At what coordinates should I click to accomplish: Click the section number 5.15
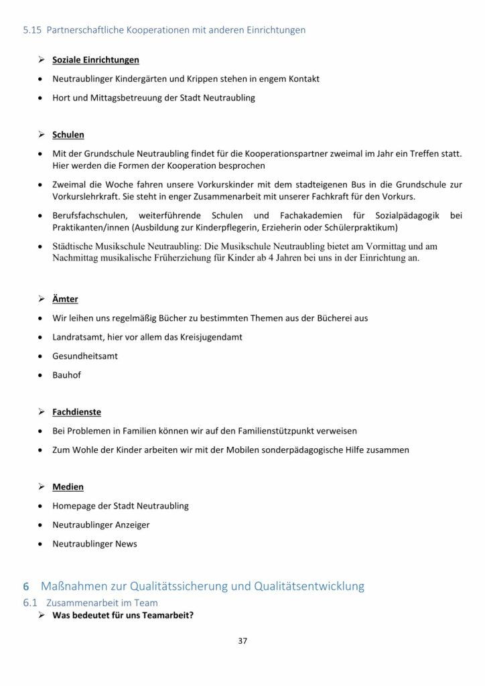(x=31, y=29)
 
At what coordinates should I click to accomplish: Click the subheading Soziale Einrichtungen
(x=96, y=60)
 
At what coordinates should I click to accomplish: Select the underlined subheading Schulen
(x=68, y=135)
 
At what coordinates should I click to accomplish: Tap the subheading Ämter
(x=65, y=299)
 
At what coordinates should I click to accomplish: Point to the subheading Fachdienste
(x=77, y=411)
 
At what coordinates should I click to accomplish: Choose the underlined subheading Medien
(x=68, y=486)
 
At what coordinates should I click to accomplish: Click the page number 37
(x=242, y=640)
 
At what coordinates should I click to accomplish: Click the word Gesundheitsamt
(x=85, y=356)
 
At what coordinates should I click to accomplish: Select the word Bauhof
(x=66, y=374)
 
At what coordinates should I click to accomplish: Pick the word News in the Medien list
(x=125, y=543)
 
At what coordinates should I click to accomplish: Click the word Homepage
(x=74, y=506)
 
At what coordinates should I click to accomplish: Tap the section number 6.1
(x=29, y=603)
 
